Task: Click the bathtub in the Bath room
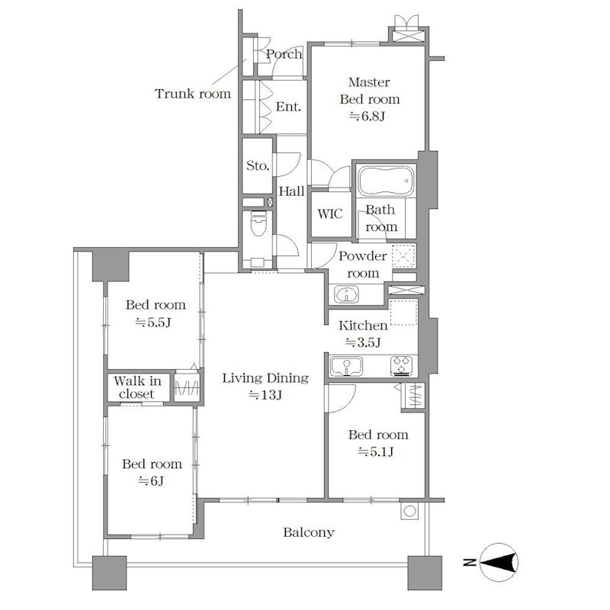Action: tap(387, 181)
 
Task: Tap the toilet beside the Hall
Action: tap(258, 223)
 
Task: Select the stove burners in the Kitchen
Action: tap(402, 366)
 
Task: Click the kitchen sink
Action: tap(346, 367)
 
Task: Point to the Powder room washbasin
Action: tap(346, 294)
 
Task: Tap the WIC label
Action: tap(330, 213)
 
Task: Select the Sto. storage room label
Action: tap(258, 165)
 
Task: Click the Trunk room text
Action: tap(193, 94)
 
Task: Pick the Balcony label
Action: tap(309, 532)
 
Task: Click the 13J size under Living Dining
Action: tap(265, 395)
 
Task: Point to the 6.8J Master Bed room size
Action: tap(368, 117)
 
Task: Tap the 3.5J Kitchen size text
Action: tap(363, 342)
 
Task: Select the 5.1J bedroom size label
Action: tap(376, 451)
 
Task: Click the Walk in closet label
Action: tap(137, 387)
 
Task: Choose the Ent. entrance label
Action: tap(288, 107)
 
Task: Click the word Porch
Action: tap(284, 54)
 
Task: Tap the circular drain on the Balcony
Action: tap(409, 511)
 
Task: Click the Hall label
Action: tap(292, 191)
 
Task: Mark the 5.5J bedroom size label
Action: tap(153, 323)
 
